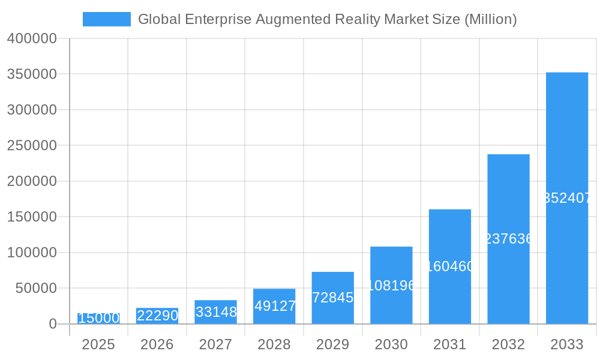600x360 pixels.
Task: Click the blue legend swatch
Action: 106,19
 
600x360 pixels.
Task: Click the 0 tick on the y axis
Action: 53,324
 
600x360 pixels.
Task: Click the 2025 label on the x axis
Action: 98,344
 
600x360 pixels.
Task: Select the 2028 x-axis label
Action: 274,344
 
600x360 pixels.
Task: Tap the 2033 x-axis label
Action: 567,344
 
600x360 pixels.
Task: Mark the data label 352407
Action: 568,198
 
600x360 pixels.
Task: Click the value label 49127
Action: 275,306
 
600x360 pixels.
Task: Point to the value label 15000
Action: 99,318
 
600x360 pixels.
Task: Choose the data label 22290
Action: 157,316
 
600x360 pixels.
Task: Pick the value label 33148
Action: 216,312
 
